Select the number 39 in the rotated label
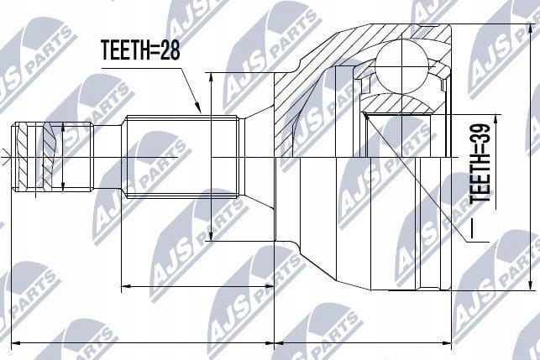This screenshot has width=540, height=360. click(480, 134)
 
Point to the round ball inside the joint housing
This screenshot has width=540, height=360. click(401, 67)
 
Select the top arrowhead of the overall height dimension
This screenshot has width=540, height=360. click(530, 29)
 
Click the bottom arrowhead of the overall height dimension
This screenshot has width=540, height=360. click(530, 286)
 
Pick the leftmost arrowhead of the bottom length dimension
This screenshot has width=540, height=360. click(17, 343)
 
